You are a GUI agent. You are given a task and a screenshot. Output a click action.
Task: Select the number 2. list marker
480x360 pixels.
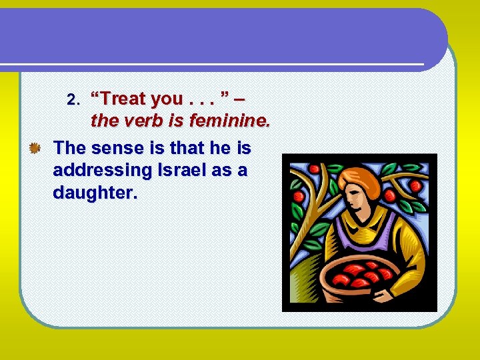[x=74, y=100]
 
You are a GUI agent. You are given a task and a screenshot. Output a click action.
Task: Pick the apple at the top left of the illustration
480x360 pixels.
[x=299, y=197]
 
